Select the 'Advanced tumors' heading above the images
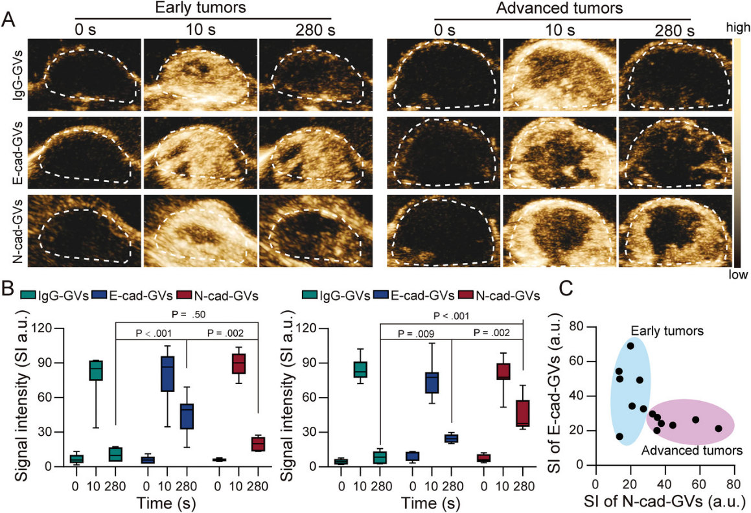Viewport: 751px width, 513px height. pyautogui.click(x=559, y=8)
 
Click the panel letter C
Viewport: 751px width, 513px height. pyautogui.click(x=565, y=289)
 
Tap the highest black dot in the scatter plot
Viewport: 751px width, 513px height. pyautogui.click(x=630, y=346)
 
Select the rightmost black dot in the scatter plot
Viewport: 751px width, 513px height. pyautogui.click(x=718, y=428)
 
